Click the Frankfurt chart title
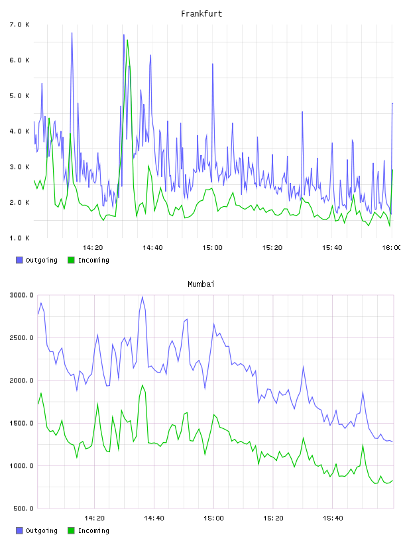[x=201, y=14]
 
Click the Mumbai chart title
[x=201, y=284]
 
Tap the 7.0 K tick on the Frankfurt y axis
[x=20, y=25]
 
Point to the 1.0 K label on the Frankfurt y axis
[x=20, y=238]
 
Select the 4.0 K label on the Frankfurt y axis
[x=20, y=131]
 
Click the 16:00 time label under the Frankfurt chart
[x=392, y=248]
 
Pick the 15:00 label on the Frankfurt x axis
[x=212, y=248]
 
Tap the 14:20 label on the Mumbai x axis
[x=94, y=518]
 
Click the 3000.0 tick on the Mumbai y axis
[x=22, y=295]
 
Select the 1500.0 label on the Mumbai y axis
[x=22, y=423]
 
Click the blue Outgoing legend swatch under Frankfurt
[x=19, y=260]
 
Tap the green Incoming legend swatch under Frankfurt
[x=71, y=260]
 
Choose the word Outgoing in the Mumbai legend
[x=41, y=530]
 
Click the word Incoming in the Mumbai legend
[x=93, y=530]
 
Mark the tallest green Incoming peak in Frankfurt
[x=127, y=40]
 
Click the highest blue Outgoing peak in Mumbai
[x=142, y=297]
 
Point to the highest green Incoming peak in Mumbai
[x=142, y=385]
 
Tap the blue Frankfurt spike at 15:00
[x=213, y=64]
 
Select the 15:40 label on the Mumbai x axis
[x=333, y=518]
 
